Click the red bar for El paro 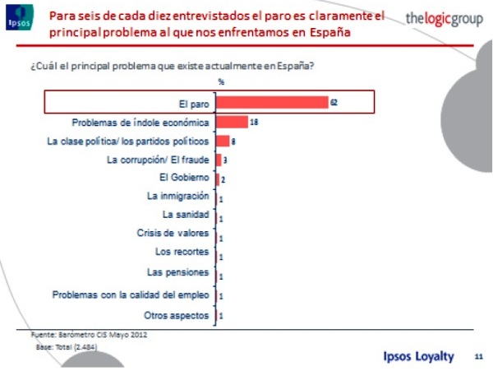tap(271, 103)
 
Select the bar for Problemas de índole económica tap(232, 122)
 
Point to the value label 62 tap(334, 103)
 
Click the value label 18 tap(254, 123)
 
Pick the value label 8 tap(233, 141)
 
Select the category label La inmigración tap(177, 197)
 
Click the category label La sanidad tap(186, 215)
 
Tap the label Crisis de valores tap(173, 233)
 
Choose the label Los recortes tap(182, 252)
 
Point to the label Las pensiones tap(177, 271)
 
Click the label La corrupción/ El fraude tap(158, 160)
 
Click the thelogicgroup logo tap(445, 19)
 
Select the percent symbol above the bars tap(220, 82)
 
